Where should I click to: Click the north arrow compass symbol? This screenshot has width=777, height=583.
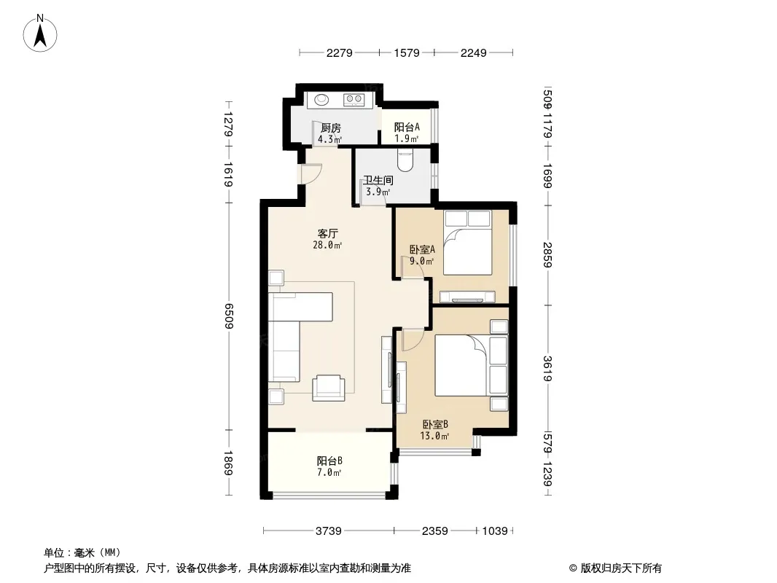pos(40,34)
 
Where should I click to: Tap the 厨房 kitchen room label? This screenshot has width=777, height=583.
pos(330,128)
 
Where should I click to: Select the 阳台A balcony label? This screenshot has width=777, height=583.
pos(407,127)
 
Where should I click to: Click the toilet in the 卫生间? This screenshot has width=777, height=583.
pos(405,161)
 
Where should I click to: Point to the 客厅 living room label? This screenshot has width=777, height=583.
pos(327,233)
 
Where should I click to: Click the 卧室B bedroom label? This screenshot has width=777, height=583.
pos(435,424)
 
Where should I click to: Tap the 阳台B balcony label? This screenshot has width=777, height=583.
pos(329,461)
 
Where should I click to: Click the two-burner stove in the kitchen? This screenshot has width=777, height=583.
pos(354,100)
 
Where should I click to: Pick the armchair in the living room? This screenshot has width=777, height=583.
pos(328,388)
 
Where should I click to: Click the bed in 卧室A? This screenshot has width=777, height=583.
pos(467,243)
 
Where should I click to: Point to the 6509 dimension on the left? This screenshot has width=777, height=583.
pos(228,316)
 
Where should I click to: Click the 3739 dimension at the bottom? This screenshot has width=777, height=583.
pos(329,531)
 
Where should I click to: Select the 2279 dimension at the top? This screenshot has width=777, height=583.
pos(340,52)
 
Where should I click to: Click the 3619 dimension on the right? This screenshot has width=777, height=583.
pos(547,369)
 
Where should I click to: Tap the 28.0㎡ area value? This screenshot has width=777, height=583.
pos(327,245)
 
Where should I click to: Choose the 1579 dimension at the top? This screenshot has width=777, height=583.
pos(407,52)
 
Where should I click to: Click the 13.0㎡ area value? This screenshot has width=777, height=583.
pos(434,436)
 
